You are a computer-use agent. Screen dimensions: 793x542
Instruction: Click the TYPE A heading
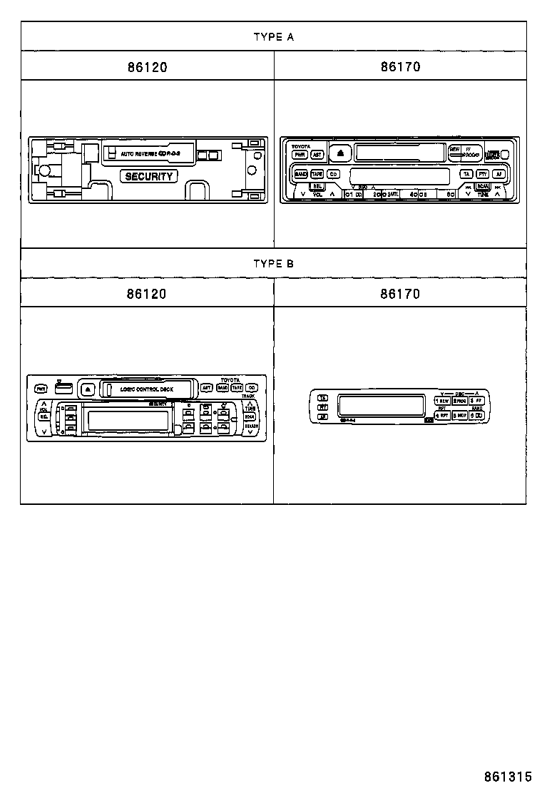pos(273,37)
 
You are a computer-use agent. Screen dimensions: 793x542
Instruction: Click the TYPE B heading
pos(273,263)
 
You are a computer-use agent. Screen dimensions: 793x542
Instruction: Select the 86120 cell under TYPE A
pos(147,67)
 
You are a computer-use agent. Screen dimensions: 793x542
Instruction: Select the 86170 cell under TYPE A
pos(400,67)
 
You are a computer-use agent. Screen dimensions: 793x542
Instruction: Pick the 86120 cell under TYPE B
pos(147,294)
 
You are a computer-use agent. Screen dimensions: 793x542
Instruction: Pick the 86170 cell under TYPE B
pos(400,294)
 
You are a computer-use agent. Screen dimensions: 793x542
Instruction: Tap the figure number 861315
pos(508,777)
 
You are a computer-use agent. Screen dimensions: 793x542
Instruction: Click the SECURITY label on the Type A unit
pos(149,176)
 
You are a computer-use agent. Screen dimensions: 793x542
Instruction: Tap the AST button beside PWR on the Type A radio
pos(318,154)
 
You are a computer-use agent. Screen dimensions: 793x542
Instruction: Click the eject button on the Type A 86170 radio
pos(341,153)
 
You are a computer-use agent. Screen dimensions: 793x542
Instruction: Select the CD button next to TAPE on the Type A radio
pos(333,174)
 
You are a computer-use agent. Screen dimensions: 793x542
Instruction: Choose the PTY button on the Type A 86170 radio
pos(483,174)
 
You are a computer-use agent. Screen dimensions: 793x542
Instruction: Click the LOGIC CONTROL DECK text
pos(146,389)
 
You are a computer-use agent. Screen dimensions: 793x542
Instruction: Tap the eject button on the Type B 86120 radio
pos(87,389)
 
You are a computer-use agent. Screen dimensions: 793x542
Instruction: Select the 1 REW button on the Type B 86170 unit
pos(442,401)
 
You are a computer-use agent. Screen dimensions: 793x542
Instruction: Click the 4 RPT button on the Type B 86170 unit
pos(442,414)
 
